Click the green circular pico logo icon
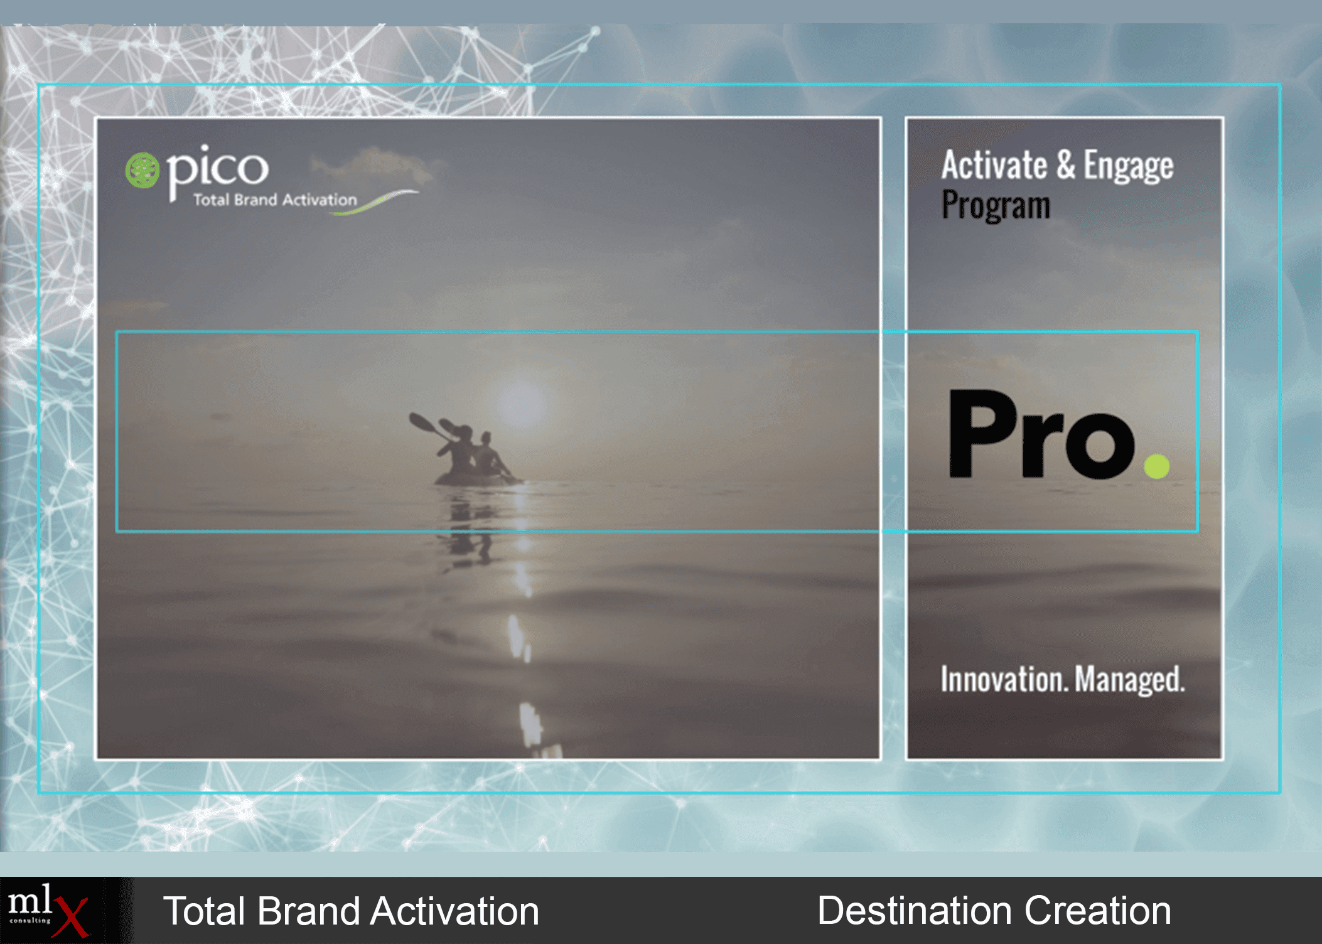pos(142,170)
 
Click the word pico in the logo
pos(217,168)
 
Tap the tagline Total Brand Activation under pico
pos(275,200)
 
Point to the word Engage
pos(1128,167)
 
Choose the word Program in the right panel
pos(996,205)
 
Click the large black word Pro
pos(1041,434)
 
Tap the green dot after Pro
pos(1156,466)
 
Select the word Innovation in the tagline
pos(1003,679)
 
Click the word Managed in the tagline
pos(1129,680)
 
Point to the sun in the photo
pos(520,402)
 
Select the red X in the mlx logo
pos(72,916)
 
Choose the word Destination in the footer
pos(914,911)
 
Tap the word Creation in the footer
pos(1098,911)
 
